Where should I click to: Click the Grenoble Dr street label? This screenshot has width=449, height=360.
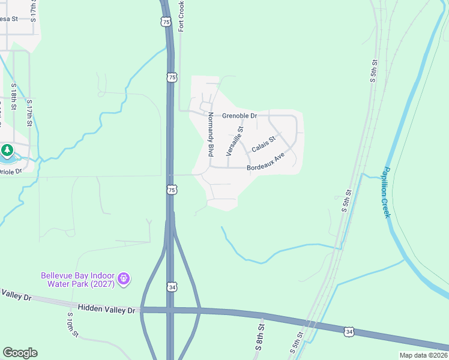[x=239, y=115]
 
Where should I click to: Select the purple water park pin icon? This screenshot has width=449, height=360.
[x=124, y=278]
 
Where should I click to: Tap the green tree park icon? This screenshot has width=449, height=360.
[x=7, y=150]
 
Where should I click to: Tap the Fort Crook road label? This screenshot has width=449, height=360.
[x=181, y=16]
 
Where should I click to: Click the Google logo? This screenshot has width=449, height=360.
[x=20, y=353]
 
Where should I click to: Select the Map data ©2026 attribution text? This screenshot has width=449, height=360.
[x=423, y=355]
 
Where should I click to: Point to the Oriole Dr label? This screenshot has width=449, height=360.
[x=10, y=171]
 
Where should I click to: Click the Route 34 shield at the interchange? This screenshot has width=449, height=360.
[x=172, y=288]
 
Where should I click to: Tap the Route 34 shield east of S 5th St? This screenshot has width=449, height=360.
[x=349, y=331]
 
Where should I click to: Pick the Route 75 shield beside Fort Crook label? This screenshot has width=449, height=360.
[x=166, y=22]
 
